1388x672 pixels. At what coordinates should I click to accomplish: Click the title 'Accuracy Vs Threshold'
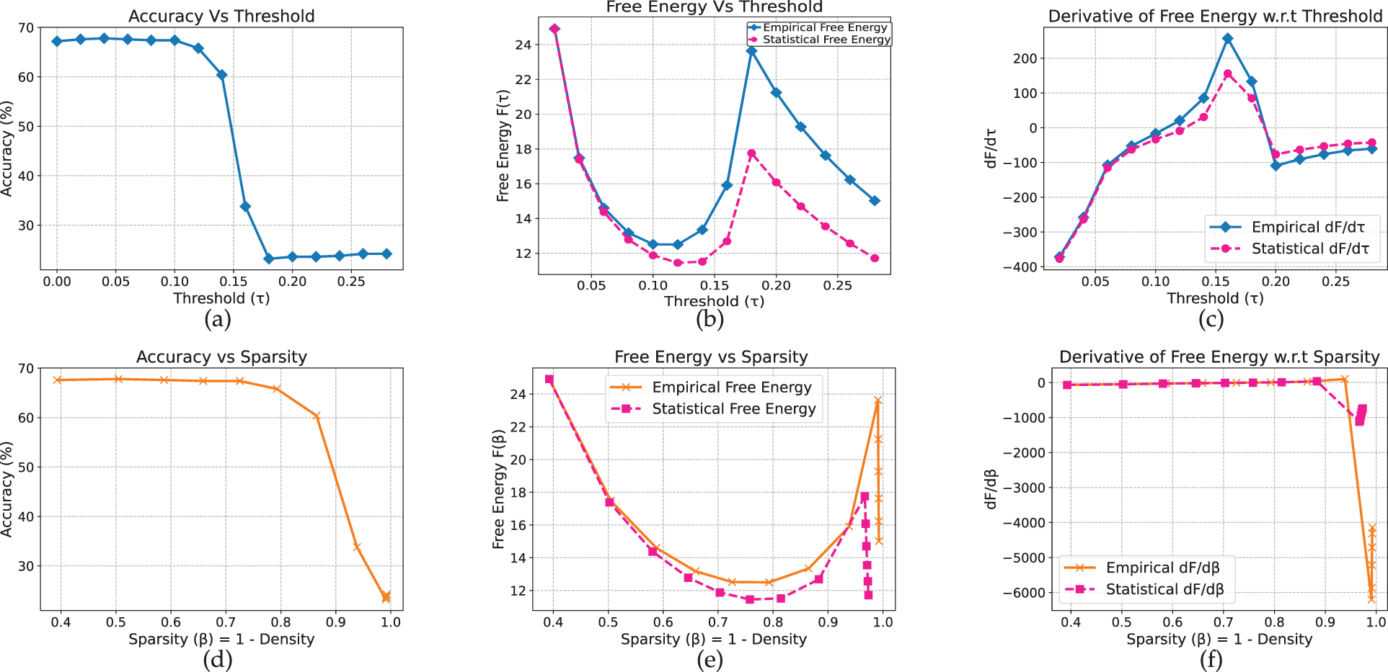pyautogui.click(x=221, y=16)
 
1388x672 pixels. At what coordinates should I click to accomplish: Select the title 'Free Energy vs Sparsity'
pyautogui.click(x=711, y=357)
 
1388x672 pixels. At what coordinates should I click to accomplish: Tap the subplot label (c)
pyautogui.click(x=1211, y=319)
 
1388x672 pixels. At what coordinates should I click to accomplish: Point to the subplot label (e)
pyautogui.click(x=710, y=660)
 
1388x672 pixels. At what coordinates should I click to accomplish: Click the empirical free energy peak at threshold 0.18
pyautogui.click(x=751, y=51)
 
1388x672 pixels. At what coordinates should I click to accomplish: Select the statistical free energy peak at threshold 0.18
pyautogui.click(x=751, y=153)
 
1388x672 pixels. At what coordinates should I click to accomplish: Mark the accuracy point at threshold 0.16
pyautogui.click(x=245, y=207)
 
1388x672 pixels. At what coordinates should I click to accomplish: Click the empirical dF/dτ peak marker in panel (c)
pyautogui.click(x=1228, y=38)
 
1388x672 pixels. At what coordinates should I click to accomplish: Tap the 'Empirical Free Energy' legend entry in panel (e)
pyautogui.click(x=731, y=387)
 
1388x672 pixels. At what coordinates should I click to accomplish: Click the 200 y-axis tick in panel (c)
pyautogui.click(x=1025, y=58)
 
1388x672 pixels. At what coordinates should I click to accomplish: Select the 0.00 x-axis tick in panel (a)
pyautogui.click(x=57, y=282)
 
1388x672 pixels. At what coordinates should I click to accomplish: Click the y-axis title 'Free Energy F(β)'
pyautogui.click(x=499, y=490)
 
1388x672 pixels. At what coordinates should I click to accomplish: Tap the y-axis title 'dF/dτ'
pyautogui.click(x=991, y=148)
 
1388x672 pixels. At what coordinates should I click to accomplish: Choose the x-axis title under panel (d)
pyautogui.click(x=221, y=639)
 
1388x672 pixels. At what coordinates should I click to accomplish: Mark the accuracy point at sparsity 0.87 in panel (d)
pyautogui.click(x=316, y=416)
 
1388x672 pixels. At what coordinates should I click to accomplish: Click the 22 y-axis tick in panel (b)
pyautogui.click(x=523, y=79)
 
